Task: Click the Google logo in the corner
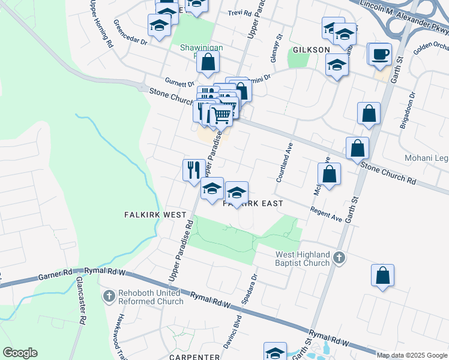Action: click(x=20, y=353)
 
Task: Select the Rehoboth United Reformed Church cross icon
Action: click(x=109, y=296)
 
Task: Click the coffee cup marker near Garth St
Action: click(x=380, y=55)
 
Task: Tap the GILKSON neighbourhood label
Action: click(x=311, y=50)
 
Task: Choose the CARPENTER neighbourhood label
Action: click(x=194, y=357)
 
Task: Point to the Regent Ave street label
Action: click(x=326, y=214)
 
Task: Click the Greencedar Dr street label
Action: click(x=131, y=41)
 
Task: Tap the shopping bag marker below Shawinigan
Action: click(x=208, y=62)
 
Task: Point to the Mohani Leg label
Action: click(x=429, y=158)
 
